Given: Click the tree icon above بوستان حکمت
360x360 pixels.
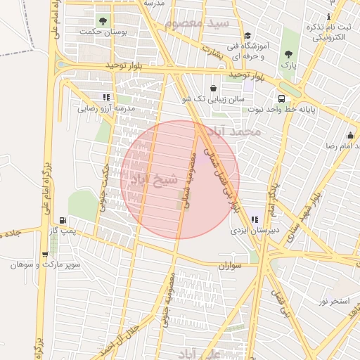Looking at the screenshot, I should coord(103,21).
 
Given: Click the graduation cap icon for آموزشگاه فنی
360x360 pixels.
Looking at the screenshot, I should coord(247,36).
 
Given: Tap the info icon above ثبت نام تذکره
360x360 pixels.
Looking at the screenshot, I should coord(328,16).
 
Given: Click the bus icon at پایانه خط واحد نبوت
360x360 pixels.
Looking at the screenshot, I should coord(281,99).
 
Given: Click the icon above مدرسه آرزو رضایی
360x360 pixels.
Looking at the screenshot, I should coord(105,98).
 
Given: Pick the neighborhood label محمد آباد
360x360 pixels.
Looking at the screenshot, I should coord(240,131).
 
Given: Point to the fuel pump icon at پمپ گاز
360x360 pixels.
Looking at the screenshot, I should coord(65,220).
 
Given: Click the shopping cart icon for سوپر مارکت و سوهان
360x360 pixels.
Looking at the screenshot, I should coord(46,255).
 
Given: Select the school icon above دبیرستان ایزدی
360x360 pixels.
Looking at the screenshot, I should coord(252,220).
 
